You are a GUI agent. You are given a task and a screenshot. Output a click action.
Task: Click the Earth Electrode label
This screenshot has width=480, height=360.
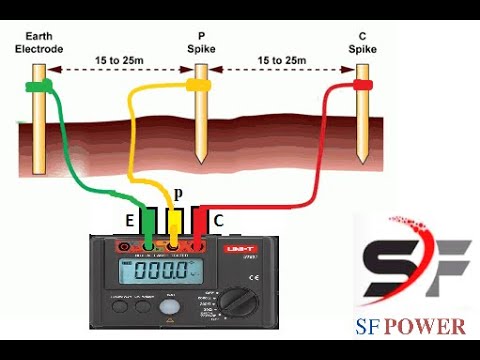(37, 42)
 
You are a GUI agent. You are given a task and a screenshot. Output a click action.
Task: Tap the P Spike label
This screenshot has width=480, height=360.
(202, 42)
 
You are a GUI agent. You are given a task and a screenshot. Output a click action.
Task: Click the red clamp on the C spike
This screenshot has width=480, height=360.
(361, 87)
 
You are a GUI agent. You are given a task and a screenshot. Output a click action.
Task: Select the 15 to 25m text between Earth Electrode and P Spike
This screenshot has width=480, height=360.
(119, 62)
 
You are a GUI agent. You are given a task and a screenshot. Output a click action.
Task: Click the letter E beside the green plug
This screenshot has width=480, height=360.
(129, 219)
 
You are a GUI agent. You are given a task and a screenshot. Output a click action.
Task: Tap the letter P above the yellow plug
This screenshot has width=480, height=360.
(178, 194)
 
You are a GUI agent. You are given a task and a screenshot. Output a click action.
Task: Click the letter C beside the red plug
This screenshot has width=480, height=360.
(219, 219)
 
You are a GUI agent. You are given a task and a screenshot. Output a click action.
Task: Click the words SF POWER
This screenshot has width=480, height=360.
(410, 326)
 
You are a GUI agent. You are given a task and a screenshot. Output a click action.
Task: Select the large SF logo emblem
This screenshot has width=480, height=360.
(409, 264)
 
